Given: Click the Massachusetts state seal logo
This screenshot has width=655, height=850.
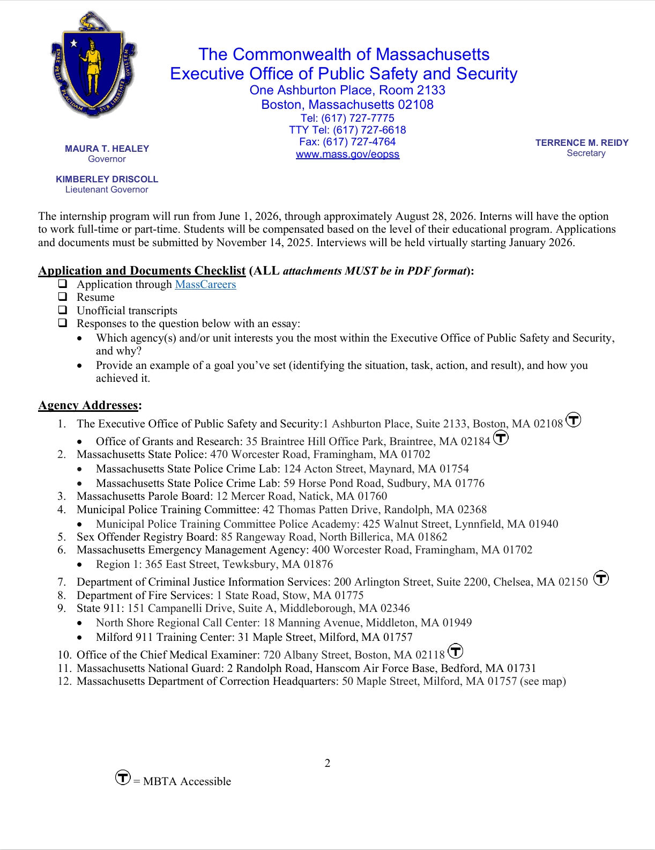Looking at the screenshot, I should (x=94, y=64).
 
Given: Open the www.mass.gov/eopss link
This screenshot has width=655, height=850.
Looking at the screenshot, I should (x=347, y=154).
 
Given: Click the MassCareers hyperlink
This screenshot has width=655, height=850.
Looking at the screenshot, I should (x=205, y=284).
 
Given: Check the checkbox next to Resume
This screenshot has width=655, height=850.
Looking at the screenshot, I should (x=63, y=297).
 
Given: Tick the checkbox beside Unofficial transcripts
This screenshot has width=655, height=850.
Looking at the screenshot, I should (x=63, y=310).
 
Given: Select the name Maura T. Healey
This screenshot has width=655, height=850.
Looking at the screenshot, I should (x=107, y=149).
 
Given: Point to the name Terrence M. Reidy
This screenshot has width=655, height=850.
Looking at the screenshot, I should (x=582, y=143).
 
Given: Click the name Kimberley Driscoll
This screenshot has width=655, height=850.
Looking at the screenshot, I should (x=107, y=179).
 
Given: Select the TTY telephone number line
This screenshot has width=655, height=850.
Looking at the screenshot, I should (x=347, y=130).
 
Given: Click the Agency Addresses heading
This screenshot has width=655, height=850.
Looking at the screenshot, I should (x=90, y=405).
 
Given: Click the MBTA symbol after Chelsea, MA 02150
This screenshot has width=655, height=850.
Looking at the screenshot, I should (x=601, y=578).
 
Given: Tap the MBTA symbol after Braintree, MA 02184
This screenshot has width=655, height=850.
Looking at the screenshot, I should (x=501, y=438).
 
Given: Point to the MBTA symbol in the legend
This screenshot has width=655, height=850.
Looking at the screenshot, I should (x=123, y=777).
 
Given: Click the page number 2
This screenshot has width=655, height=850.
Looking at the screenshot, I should (x=327, y=763).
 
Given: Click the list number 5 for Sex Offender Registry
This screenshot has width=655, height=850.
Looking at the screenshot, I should (x=62, y=537).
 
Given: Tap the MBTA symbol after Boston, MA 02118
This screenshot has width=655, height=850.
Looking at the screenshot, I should (x=455, y=651).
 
